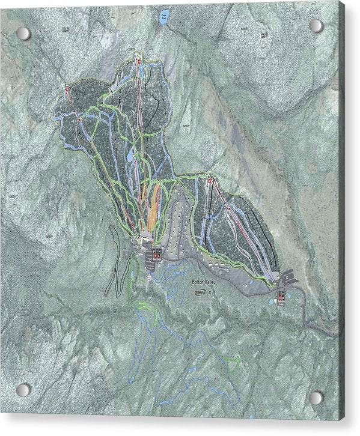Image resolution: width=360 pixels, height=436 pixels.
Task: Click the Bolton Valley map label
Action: coord(204,281)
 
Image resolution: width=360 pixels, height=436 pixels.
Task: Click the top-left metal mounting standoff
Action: coord(23,34)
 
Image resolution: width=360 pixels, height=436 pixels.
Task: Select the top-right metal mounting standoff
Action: coord(316,25)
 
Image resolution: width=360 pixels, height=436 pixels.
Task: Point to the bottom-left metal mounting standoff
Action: coord(23,390)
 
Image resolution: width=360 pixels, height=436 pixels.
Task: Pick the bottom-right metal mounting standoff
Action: coord(316,398)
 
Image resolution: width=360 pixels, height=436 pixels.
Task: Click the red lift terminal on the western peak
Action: coord(67,89)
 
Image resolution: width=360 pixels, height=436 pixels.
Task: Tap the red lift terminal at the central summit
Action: coord(138,61)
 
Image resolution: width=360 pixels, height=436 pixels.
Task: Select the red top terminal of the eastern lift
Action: coord(210,180)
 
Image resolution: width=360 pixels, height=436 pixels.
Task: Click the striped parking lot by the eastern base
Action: coord(289,276)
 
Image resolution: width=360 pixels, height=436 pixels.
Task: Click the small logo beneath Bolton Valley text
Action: coord(199,293)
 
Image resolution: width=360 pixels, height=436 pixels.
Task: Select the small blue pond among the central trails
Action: coord(130,156)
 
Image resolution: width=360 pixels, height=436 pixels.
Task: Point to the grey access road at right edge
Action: coord(328,329)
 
